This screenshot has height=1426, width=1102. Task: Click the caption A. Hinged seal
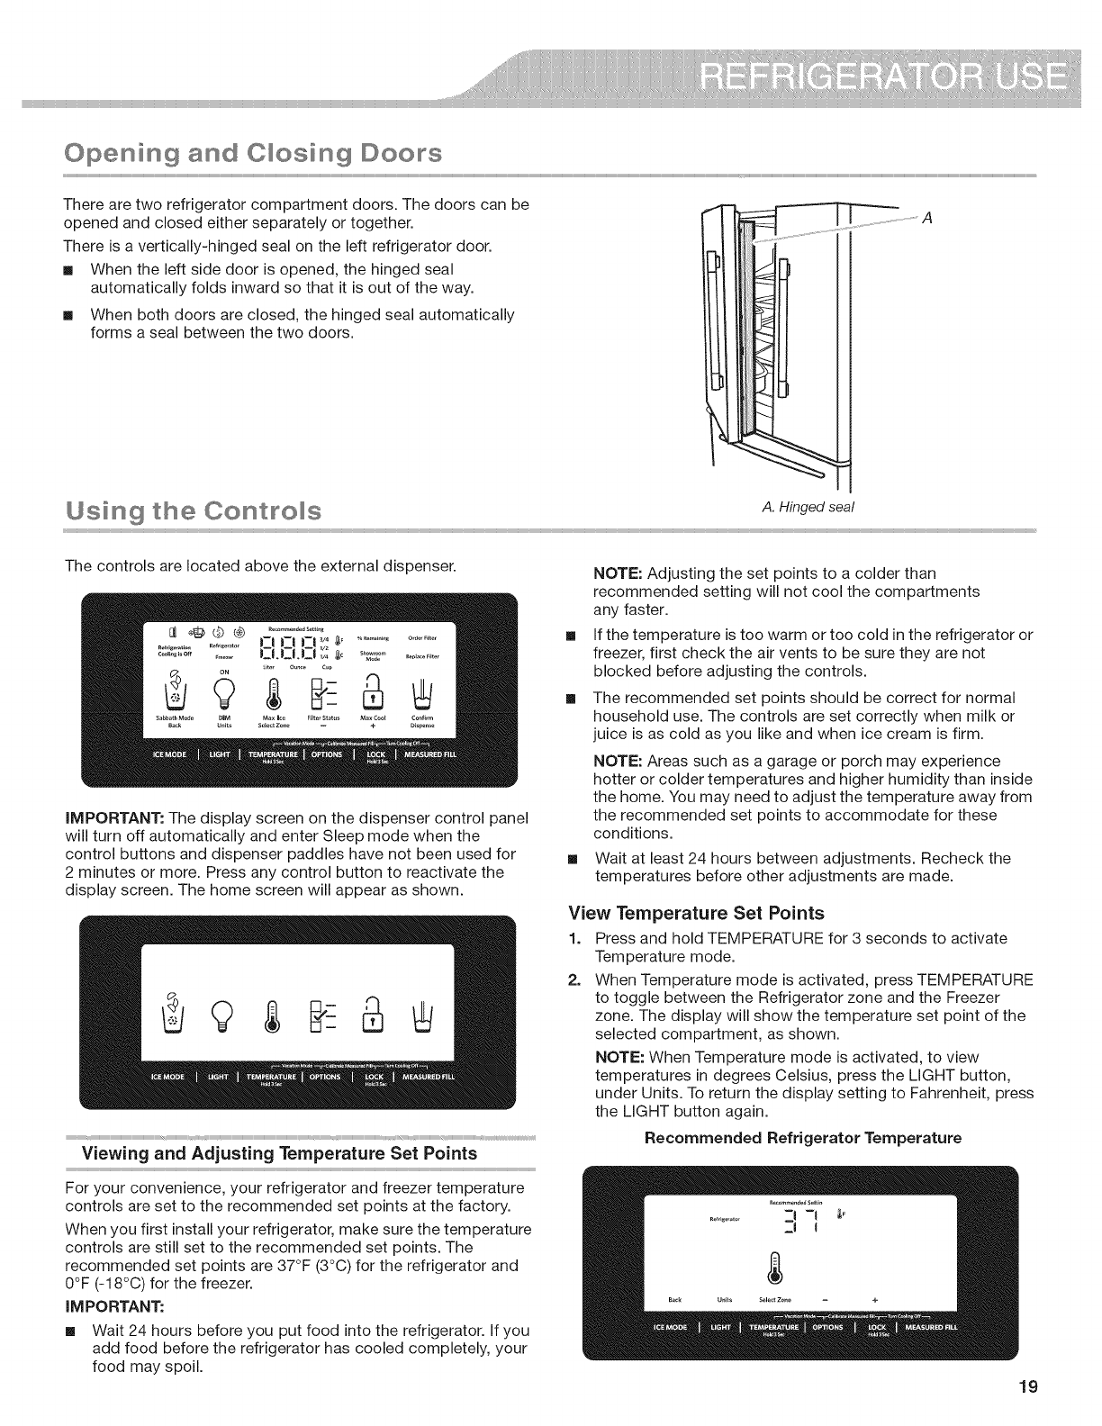808,507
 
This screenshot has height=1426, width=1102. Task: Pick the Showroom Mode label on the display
373,656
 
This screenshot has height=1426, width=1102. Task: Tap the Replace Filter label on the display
422,657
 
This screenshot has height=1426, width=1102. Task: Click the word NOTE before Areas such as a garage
619,761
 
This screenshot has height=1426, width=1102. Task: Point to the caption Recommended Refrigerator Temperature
803,1138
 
